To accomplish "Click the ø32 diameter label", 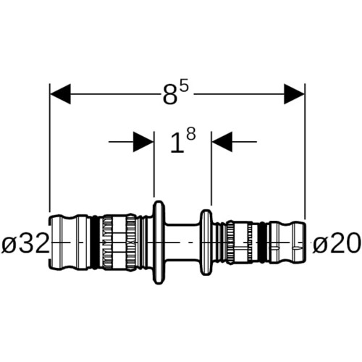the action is click(25, 243).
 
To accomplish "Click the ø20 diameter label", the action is click(337, 243).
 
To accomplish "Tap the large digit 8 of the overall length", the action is click(169, 94).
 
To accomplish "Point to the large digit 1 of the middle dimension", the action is click(177, 144).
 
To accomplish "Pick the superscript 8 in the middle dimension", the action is click(190, 134).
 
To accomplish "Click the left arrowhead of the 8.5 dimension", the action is click(60, 94).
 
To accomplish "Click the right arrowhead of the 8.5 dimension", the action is click(294, 94).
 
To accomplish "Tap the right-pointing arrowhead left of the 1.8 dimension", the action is click(143, 142).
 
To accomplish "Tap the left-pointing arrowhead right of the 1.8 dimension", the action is click(222, 142).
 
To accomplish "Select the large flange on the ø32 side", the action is click(159, 243).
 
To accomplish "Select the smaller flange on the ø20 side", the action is click(206, 243).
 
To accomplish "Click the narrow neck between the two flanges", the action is click(182, 243).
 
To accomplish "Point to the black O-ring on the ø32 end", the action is click(96, 242).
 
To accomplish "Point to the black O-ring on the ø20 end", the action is click(263, 242).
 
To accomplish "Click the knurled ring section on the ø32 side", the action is click(118, 242).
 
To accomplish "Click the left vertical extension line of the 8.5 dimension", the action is click(50, 148).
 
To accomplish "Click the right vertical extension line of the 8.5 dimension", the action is click(305, 151).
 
